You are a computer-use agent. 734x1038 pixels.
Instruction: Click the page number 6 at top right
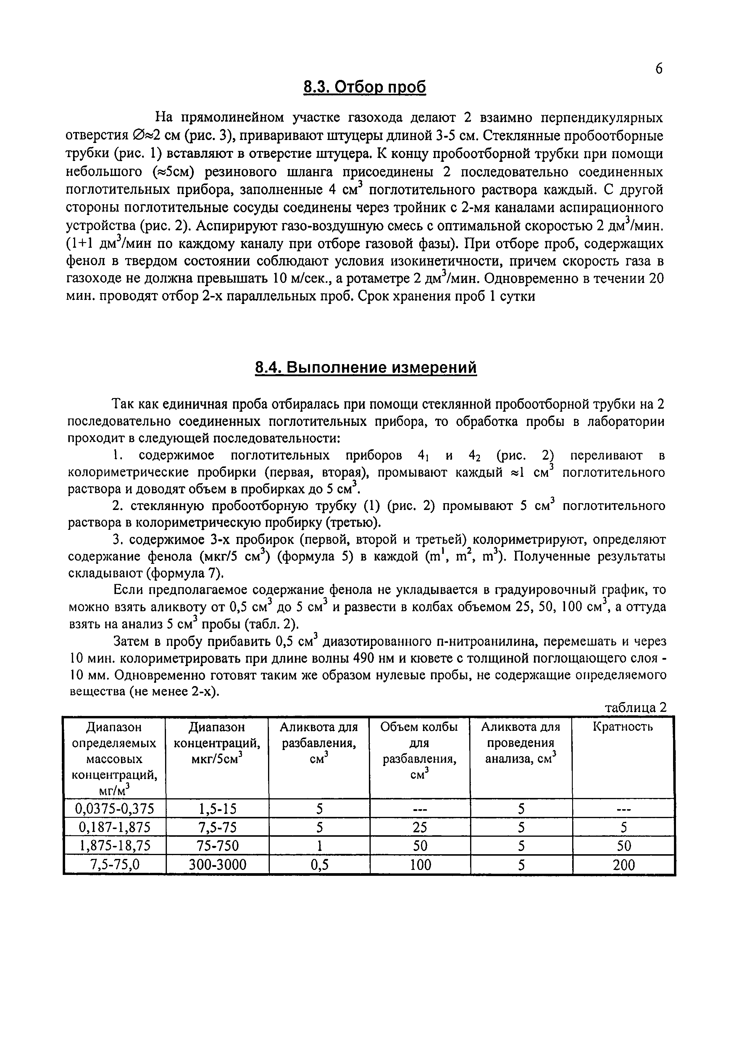pos(659,69)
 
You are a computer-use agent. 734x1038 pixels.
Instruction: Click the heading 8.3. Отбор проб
pos(364,87)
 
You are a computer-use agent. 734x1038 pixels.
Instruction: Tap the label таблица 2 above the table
pos(635,707)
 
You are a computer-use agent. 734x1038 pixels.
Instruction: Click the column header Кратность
pos(622,727)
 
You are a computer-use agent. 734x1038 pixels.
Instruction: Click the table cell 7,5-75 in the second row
pos(217,827)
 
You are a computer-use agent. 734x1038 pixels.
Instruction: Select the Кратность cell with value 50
pos(623,846)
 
